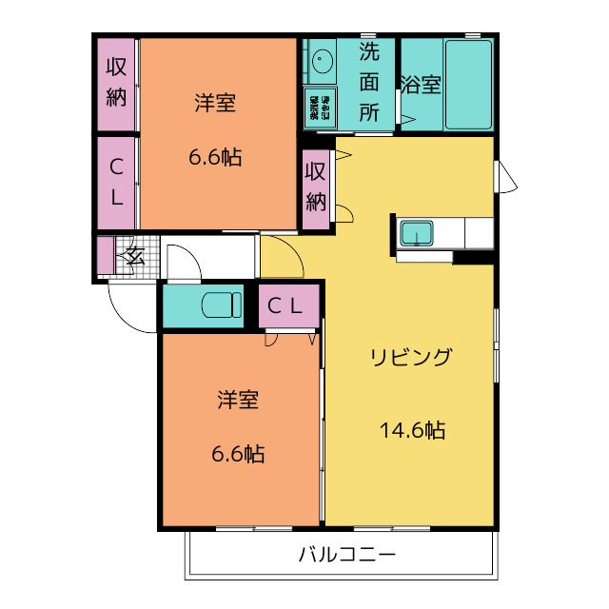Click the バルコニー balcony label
(346, 554)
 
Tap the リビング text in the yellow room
(410, 358)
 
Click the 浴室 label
(420, 85)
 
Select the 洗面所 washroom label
(369, 82)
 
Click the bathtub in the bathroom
(468, 85)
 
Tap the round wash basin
(322, 62)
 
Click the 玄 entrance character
(134, 255)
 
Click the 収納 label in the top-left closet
(116, 82)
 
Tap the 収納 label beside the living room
(316, 187)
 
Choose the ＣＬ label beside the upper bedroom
(116, 182)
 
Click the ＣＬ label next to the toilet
(285, 305)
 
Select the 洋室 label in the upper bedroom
(215, 104)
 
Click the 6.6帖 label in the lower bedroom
(238, 454)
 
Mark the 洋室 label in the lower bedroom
(238, 400)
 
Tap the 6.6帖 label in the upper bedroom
(215, 157)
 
